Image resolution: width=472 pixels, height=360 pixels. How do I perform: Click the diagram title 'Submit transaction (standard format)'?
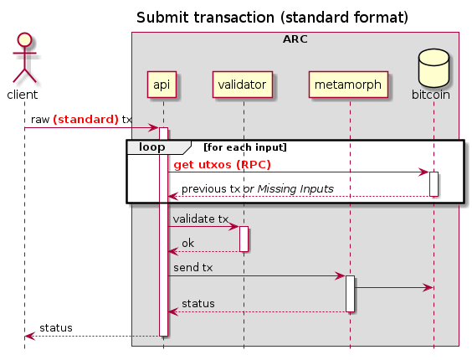click(x=272, y=18)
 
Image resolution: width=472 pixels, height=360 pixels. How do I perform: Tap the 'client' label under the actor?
click(x=23, y=95)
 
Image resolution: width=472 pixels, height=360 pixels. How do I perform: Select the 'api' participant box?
click(x=163, y=84)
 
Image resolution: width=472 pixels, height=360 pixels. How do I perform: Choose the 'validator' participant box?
click(x=244, y=84)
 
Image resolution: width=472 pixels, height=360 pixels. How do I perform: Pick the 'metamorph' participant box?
click(x=349, y=84)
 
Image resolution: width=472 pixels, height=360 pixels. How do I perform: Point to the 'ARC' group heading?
click(x=295, y=39)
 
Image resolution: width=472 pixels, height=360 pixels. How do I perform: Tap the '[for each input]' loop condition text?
click(x=245, y=147)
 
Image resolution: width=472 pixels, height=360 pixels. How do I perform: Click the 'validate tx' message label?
click(x=201, y=219)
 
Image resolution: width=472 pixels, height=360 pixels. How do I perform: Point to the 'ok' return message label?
click(x=189, y=243)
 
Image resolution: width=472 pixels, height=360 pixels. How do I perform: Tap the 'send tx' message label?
click(x=193, y=267)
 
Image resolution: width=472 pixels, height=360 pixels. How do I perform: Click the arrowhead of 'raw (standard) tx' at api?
click(x=154, y=127)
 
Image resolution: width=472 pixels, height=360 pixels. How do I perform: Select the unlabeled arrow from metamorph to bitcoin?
click(x=393, y=287)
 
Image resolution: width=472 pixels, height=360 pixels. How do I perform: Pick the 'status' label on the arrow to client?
click(x=56, y=327)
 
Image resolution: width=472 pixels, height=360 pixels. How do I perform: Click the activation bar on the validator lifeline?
click(x=244, y=239)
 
